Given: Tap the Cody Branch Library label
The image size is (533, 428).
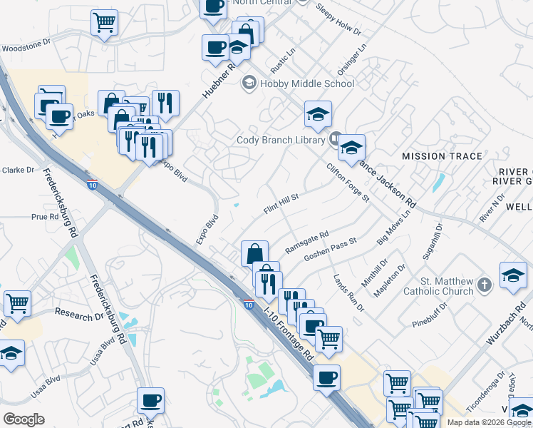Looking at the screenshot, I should click(x=281, y=140).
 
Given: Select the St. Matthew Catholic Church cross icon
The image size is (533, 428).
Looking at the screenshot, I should click(x=484, y=285).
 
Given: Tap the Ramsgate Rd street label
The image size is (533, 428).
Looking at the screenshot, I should click(x=306, y=242).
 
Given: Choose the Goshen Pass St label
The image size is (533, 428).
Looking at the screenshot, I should click(x=330, y=250).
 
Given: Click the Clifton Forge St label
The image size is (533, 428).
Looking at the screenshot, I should click(x=348, y=183).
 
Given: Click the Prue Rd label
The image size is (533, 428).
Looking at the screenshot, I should click(x=44, y=217).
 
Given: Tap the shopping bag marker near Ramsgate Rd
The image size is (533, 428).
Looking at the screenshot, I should click(x=254, y=253).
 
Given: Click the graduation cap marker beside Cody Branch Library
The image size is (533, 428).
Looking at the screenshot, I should click(x=351, y=148).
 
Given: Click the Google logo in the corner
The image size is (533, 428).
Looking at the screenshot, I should click(x=24, y=419).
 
